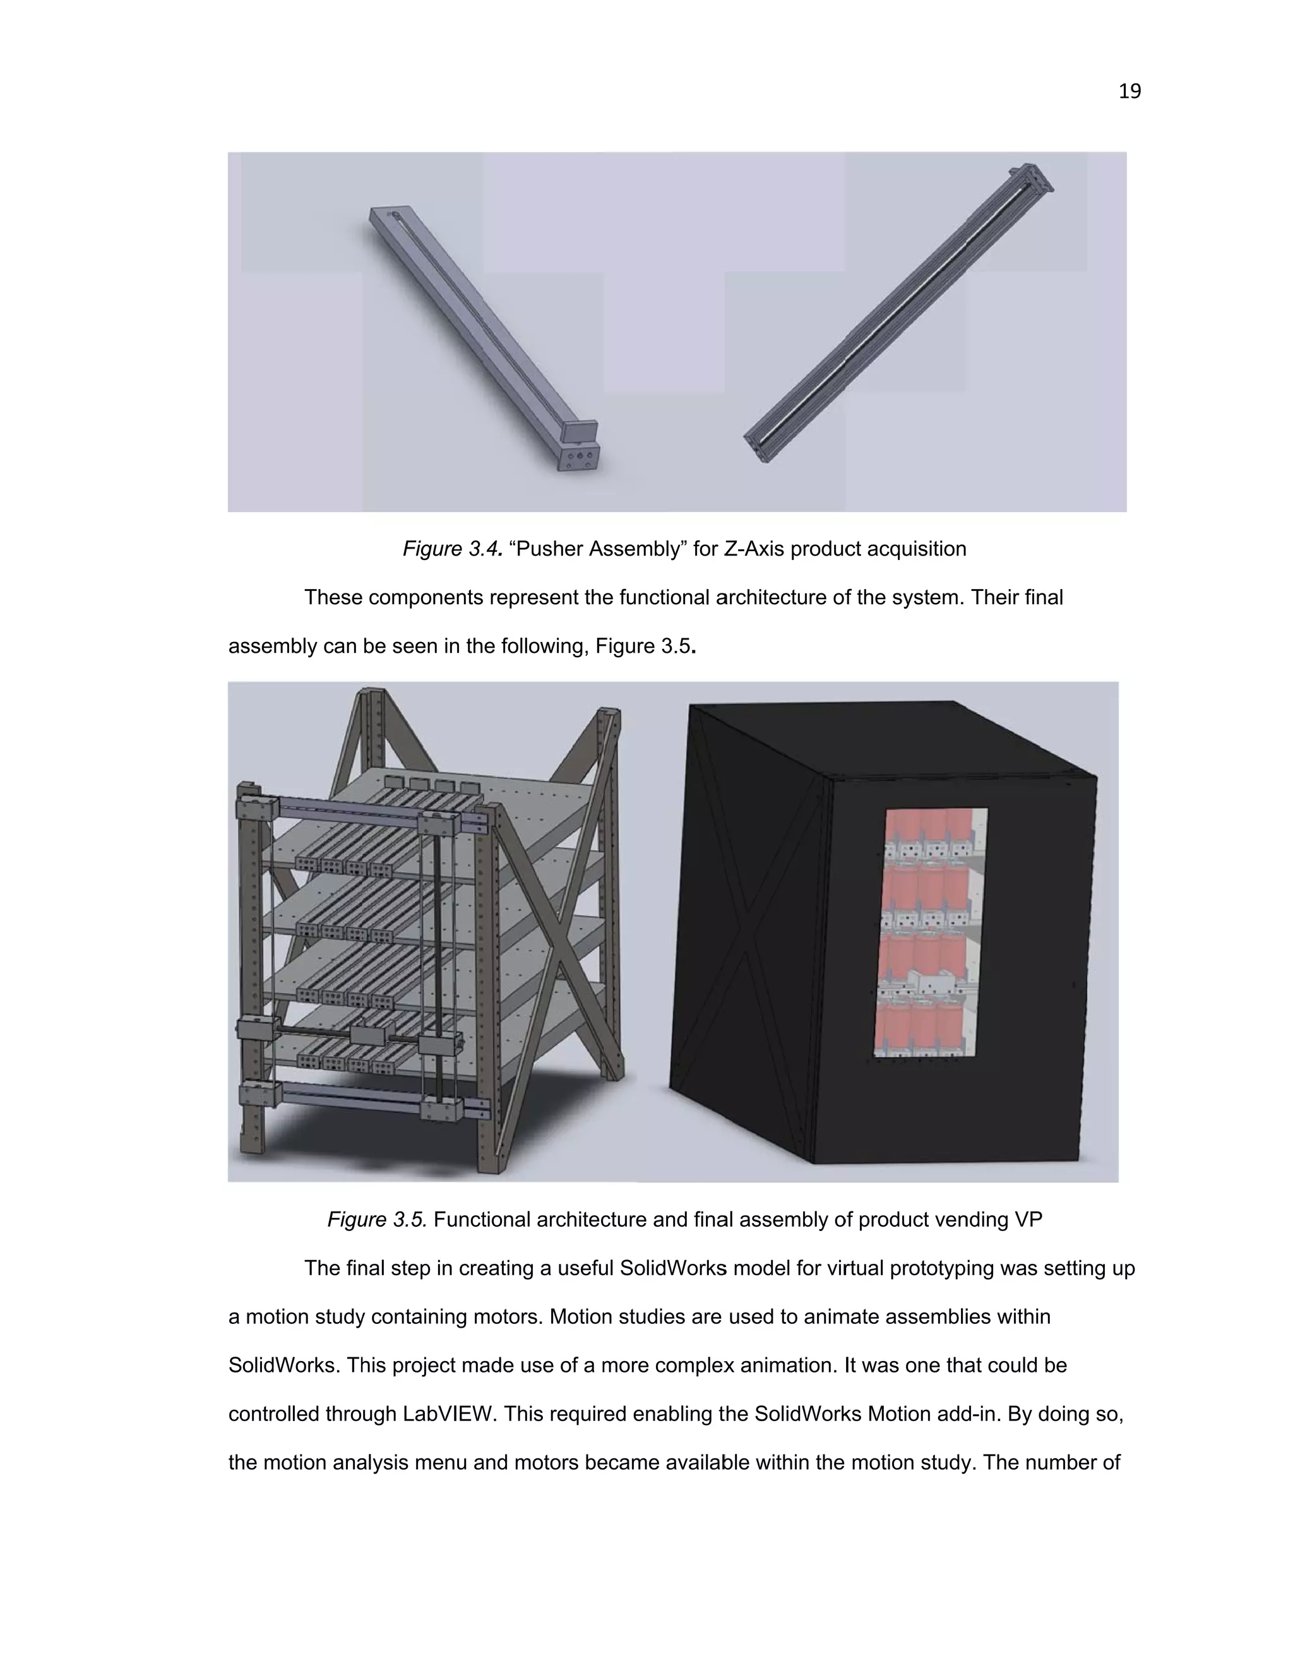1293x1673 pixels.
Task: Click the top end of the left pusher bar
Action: point(387,214)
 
